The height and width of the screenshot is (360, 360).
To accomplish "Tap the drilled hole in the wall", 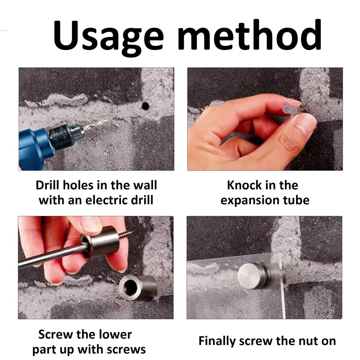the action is pos(145,106).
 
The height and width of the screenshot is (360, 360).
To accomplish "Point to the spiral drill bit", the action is pos(96,125).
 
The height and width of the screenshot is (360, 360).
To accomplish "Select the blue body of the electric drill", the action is pos(35,149).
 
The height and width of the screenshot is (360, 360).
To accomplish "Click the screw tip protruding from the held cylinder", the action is pos(126,235).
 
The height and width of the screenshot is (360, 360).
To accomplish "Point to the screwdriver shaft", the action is pos(53,256).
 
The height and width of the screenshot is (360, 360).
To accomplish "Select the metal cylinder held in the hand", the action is pos(100,242).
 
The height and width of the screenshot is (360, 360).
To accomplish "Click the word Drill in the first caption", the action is pos(47,185).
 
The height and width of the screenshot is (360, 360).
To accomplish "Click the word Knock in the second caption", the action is pos(244,185).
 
